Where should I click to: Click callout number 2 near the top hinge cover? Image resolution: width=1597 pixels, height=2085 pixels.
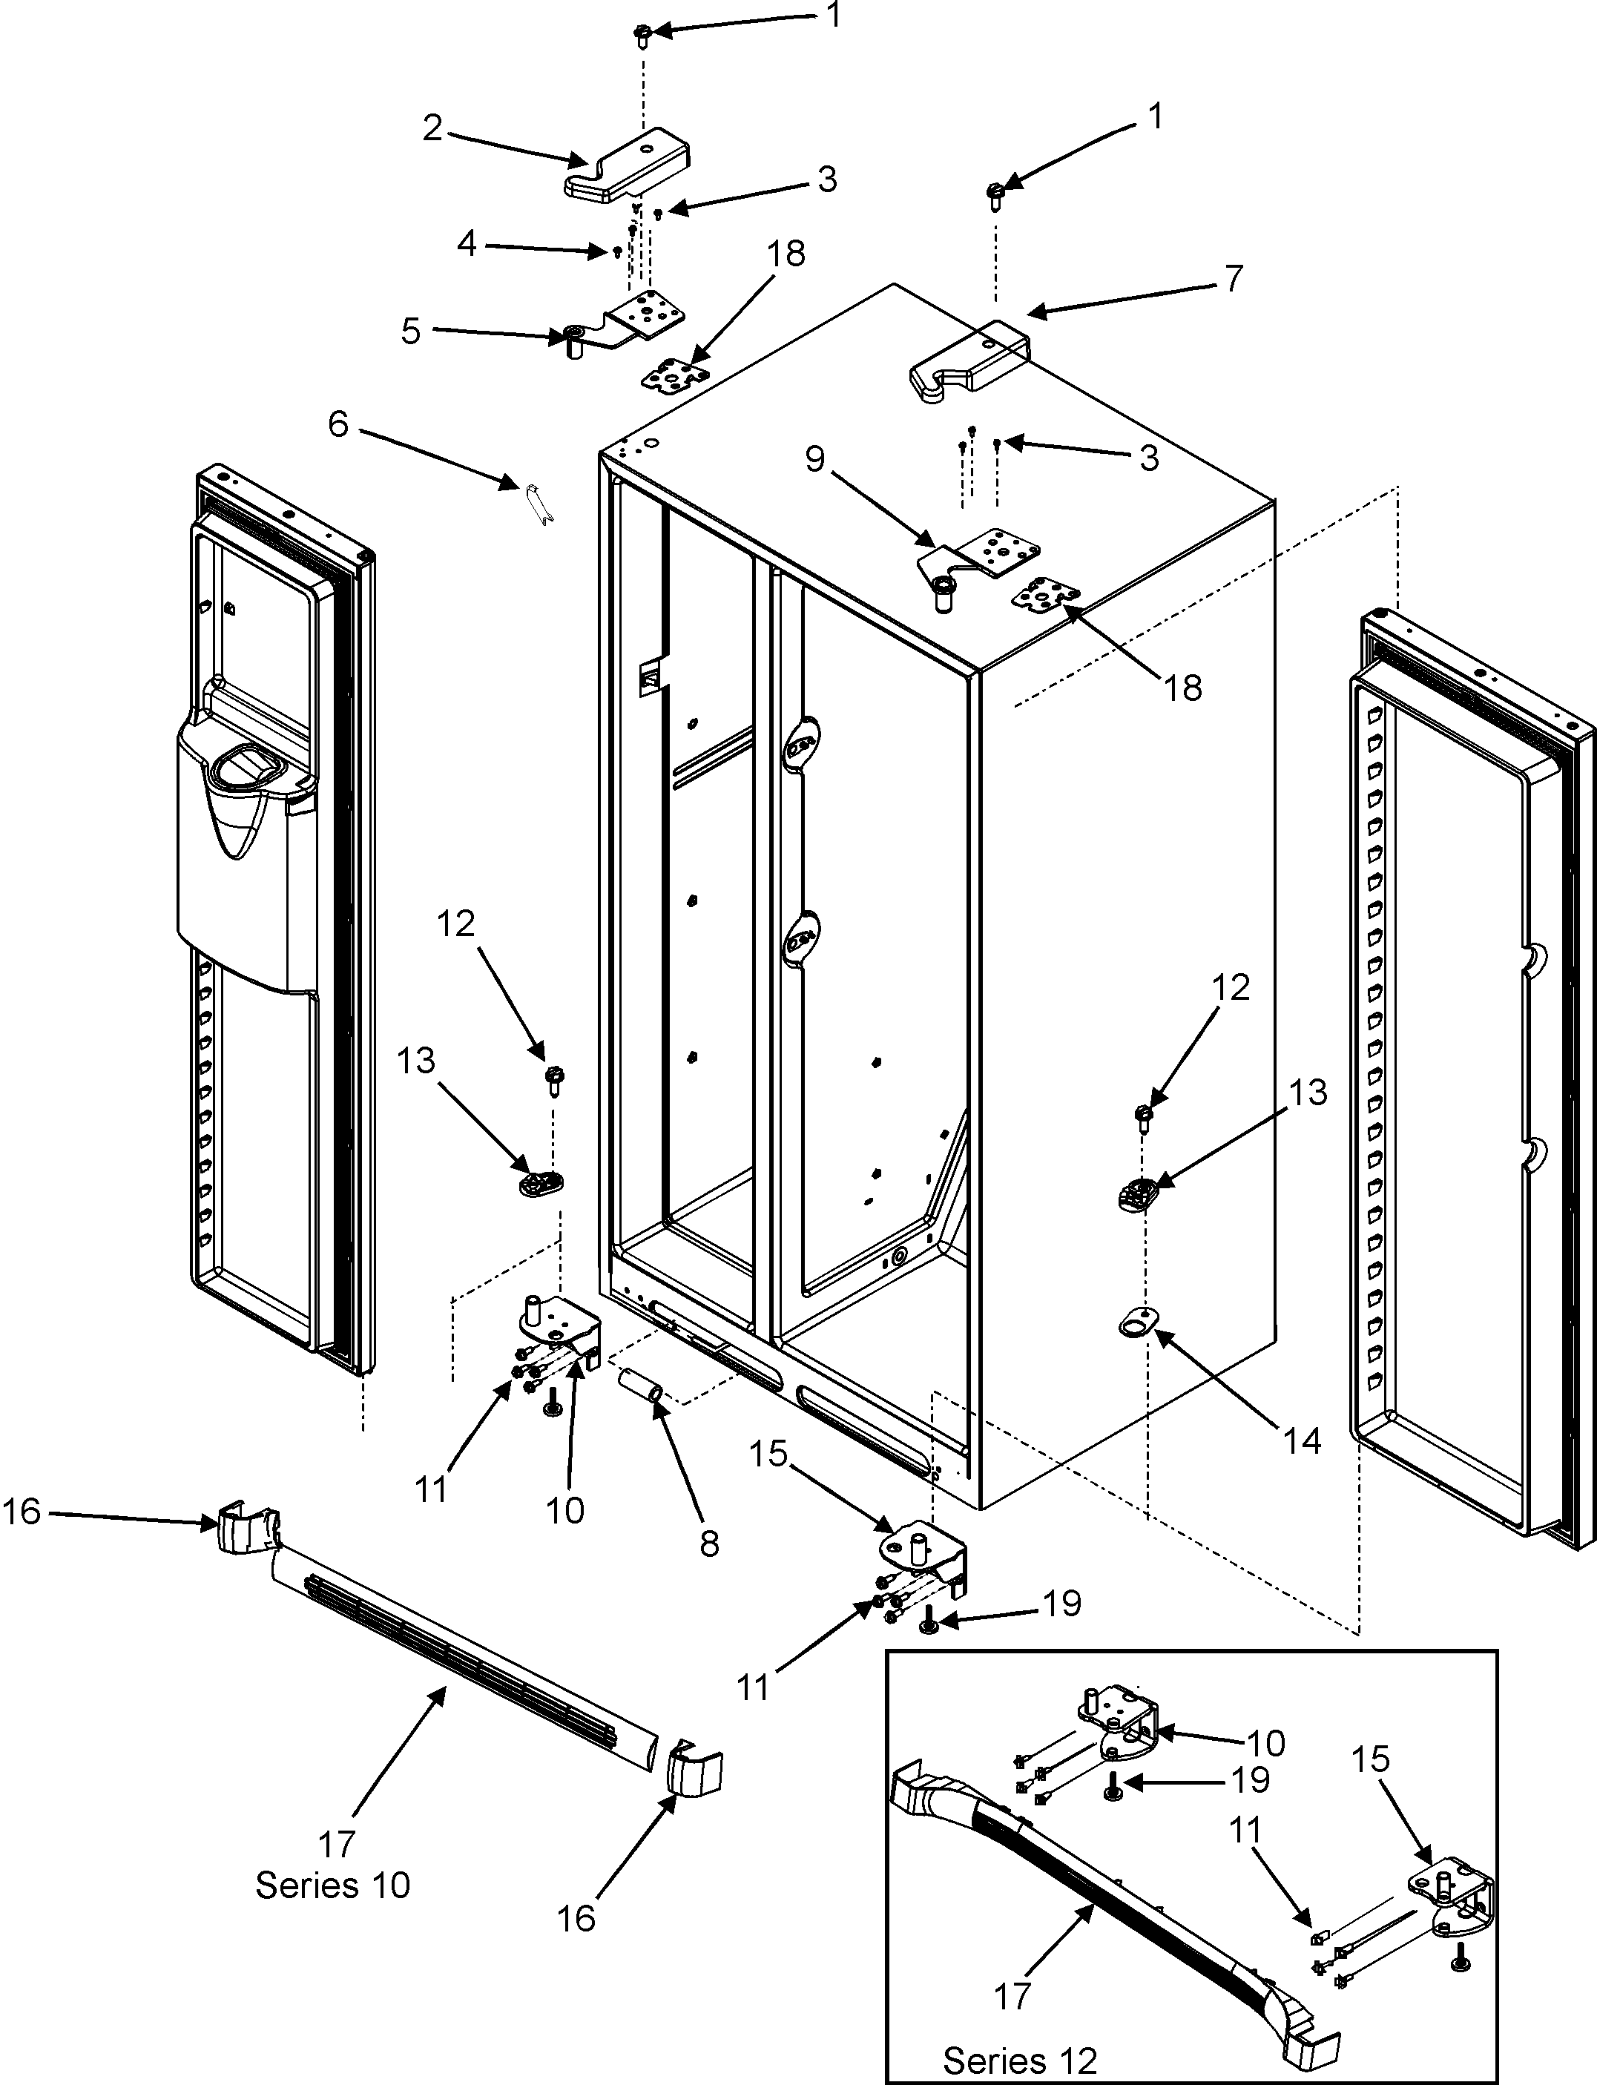(x=432, y=128)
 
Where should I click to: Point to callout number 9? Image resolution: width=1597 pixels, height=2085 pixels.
(x=814, y=459)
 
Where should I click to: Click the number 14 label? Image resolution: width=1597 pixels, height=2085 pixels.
(x=1303, y=1442)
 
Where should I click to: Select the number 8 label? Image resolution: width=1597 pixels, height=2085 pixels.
(x=709, y=1544)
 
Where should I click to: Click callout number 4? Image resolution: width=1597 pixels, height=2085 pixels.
(x=466, y=244)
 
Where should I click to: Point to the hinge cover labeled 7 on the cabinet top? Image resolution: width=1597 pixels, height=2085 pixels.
(x=969, y=362)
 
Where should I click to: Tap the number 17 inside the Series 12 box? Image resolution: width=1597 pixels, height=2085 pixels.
(x=1012, y=1997)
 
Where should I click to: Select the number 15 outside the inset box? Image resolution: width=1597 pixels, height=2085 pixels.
(x=769, y=1453)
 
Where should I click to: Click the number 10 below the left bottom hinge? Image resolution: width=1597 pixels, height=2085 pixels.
(x=564, y=1510)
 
